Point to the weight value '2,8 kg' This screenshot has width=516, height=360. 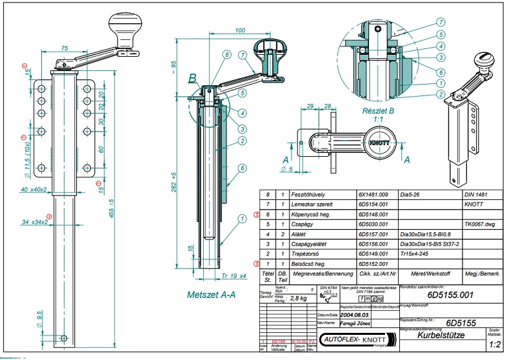(299, 298)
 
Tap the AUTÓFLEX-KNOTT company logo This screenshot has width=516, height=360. (356, 339)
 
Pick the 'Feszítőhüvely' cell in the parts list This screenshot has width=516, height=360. (312, 194)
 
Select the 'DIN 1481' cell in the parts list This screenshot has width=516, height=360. (478, 194)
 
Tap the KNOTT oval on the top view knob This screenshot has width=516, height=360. (380, 141)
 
